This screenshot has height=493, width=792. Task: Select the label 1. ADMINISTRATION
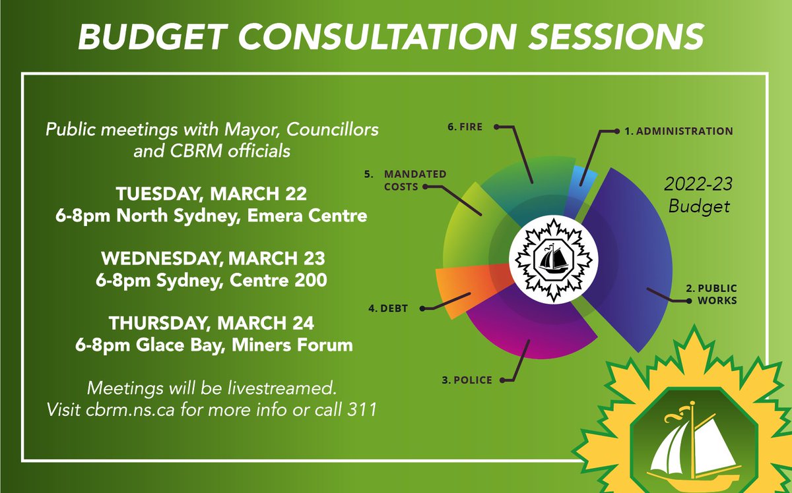coord(678,131)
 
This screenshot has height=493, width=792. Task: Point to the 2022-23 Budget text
coord(699,196)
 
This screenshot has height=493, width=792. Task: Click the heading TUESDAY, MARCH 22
coord(211,195)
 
